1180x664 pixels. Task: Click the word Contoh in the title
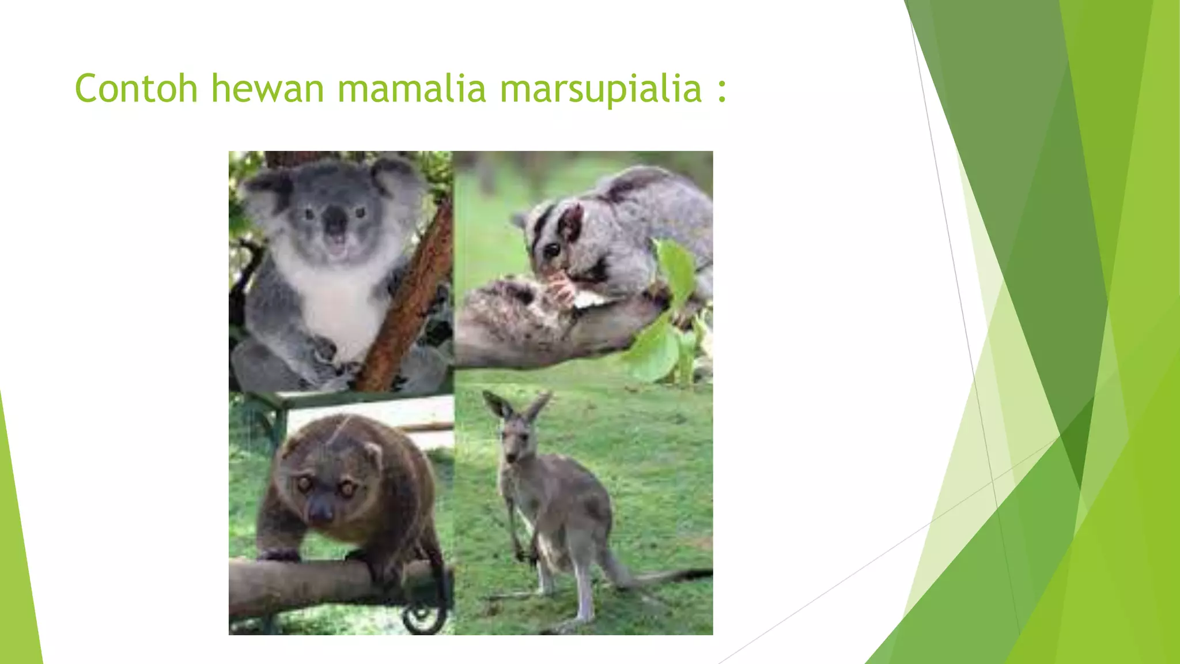[x=136, y=89]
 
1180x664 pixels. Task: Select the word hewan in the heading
[x=267, y=89]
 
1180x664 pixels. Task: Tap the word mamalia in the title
[x=411, y=89]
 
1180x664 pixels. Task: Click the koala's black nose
[x=335, y=220]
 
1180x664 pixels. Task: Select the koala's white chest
[x=340, y=300]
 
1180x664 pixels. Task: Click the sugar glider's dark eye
[x=551, y=249]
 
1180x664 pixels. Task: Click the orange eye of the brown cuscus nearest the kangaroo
[x=347, y=489]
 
